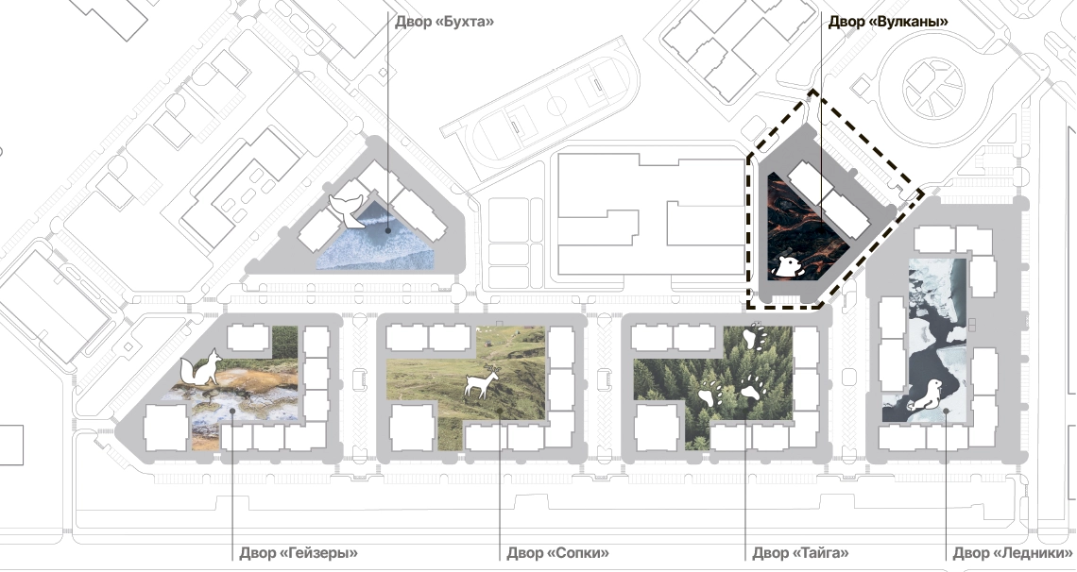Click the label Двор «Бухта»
(444, 22)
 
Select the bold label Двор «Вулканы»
(888, 22)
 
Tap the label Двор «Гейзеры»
(299, 553)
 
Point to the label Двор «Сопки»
(557, 553)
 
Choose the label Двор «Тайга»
(801, 553)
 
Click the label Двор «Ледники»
(1013, 553)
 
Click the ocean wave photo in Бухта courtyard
(376, 237)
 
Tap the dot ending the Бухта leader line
(388, 231)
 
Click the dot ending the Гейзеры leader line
(232, 411)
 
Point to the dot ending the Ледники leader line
(947, 412)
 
